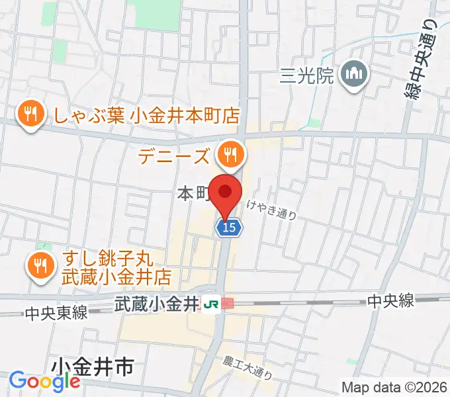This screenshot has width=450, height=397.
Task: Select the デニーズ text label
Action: tap(175, 157)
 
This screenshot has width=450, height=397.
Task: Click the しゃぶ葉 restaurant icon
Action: tap(30, 113)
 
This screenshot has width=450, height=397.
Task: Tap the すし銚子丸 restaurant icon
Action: tap(41, 265)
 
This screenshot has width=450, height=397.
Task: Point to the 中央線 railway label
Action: tap(391, 302)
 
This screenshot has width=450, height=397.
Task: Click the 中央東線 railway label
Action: tap(56, 314)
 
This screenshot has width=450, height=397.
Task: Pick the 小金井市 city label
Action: tap(93, 367)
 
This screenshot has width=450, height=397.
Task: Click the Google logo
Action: tap(44, 382)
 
